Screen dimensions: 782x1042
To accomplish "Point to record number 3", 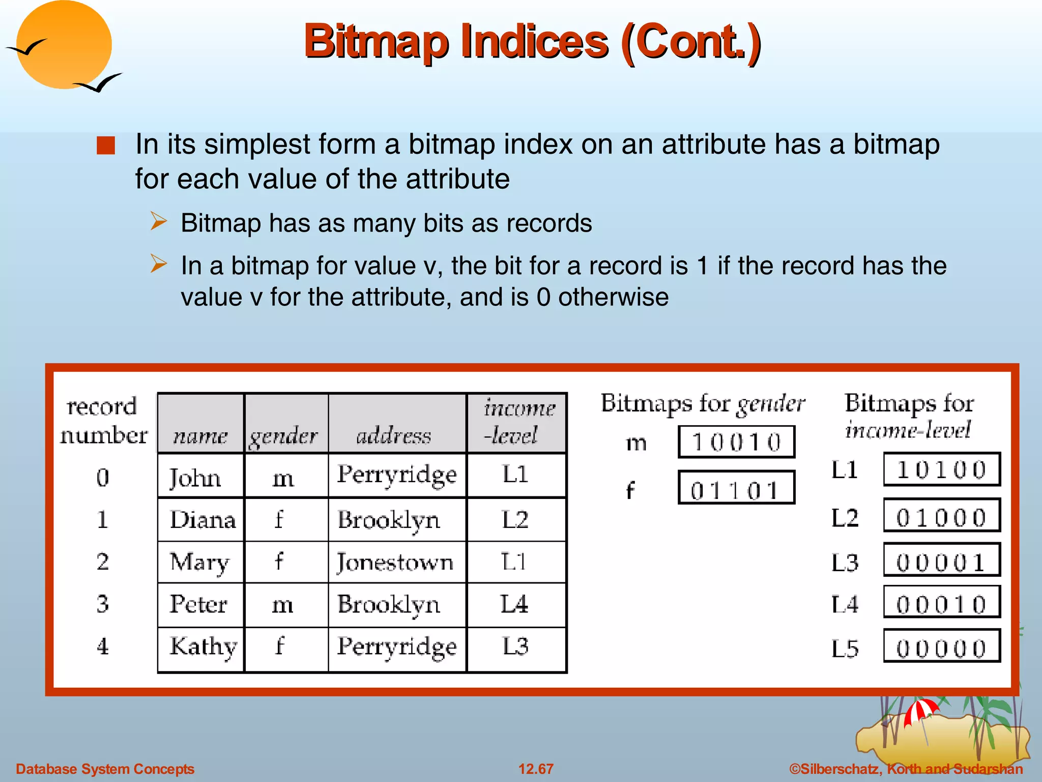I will [103, 604].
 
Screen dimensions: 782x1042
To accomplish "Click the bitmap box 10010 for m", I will [736, 442].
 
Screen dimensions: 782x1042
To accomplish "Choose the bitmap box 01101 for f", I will [736, 488].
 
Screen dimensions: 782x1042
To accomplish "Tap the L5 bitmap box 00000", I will [942, 646].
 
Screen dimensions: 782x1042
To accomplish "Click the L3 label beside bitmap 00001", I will [845, 563].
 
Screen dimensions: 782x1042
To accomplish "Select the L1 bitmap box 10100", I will [942, 469].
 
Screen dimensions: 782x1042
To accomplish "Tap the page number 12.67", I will [536, 769].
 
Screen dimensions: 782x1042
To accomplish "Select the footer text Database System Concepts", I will [105, 769].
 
